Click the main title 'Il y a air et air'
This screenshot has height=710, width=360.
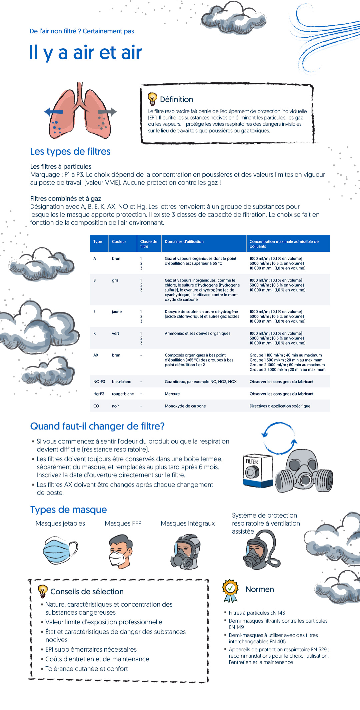pos(86,53)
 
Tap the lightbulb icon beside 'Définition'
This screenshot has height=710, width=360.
pos(152,99)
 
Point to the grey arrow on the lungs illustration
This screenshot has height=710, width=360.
pos(108,112)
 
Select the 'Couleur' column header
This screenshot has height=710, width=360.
pos(119,242)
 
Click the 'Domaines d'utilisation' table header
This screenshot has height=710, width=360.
pos(184,242)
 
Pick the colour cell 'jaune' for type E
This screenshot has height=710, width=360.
pos(117,312)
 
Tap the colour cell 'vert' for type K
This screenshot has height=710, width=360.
pos(115,333)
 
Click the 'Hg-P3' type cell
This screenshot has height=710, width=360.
pos(99,394)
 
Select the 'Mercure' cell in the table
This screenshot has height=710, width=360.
pos(172,394)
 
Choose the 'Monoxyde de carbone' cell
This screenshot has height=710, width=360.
pos(185,406)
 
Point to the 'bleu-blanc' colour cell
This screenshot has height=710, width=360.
pos(121,382)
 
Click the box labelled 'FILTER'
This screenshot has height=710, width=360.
pos(257,470)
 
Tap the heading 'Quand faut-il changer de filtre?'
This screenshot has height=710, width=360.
pos(97,426)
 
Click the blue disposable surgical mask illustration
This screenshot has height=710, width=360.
pos(60,550)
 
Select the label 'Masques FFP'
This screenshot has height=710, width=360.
pos(123,524)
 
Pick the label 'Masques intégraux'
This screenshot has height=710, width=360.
pos(188,524)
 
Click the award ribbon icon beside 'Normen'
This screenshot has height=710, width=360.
pos(230,591)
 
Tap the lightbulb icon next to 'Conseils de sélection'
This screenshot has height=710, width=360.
pos(43,591)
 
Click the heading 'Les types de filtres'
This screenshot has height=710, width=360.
pos(70,151)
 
